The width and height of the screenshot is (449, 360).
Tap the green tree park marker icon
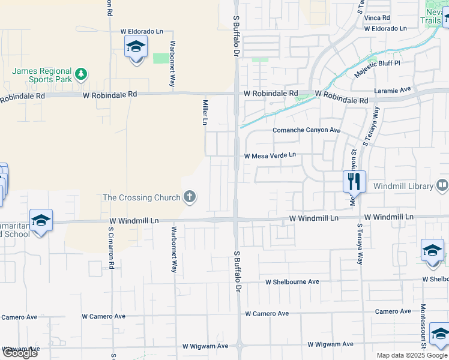pos(81,75)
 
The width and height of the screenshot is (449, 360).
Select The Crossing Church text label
pos(142,197)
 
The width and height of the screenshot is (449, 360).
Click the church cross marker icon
pos(190,197)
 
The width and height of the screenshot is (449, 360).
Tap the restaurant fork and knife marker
pos(354,181)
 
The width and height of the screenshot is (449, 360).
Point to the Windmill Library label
pos(403,186)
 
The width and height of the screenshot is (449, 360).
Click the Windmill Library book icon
pos(442,185)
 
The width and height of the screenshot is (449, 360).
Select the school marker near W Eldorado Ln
pos(136,47)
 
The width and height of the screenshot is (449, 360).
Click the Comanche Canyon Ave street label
pos(306,130)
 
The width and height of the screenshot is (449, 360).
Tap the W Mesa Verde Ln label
pos(270,155)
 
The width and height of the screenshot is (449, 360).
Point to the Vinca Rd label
pos(377,18)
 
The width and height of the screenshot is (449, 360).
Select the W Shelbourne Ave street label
pos(293,281)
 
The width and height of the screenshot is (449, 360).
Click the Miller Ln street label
pos(205,112)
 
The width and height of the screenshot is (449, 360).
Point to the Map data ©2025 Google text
pos(412,355)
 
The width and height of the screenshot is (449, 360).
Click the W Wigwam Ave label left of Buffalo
pos(205,346)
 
